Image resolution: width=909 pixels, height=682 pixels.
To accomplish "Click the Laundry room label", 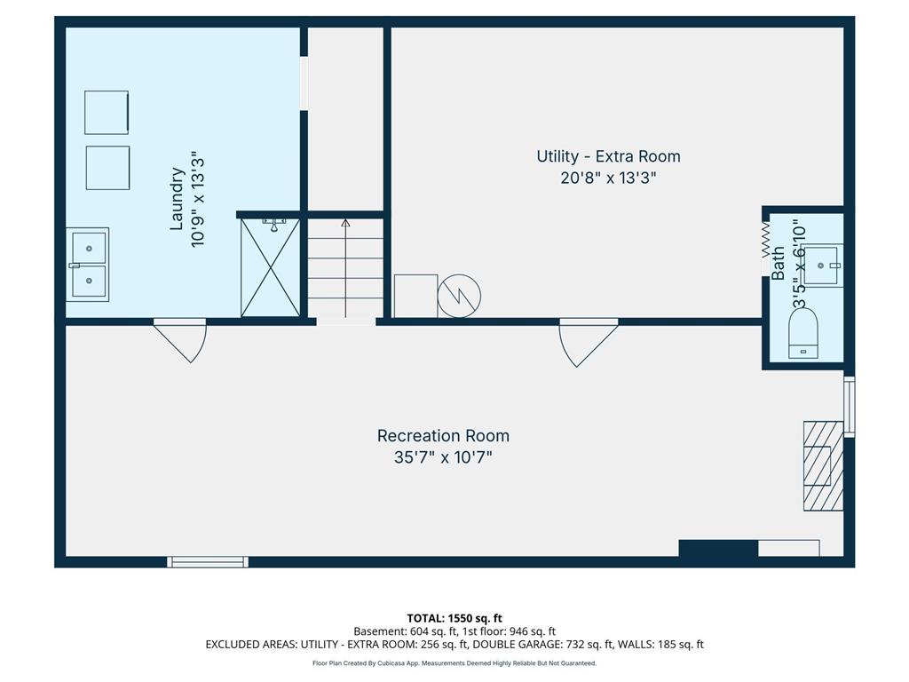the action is (177, 199).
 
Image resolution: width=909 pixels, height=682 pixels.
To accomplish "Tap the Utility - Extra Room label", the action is (608, 156).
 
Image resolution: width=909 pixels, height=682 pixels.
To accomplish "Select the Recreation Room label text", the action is (443, 435).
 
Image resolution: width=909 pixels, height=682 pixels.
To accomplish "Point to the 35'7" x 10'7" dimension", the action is (443, 457).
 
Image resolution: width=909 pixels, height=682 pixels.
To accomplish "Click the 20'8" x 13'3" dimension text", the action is (608, 178).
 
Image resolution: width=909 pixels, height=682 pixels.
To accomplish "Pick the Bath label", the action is (778, 263).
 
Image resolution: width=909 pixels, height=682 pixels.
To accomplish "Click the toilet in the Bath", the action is (803, 332).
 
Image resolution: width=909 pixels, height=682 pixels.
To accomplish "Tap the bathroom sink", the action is (823, 265).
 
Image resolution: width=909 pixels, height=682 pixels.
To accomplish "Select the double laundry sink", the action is (88, 265).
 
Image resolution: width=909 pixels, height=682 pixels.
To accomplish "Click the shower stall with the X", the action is (270, 267).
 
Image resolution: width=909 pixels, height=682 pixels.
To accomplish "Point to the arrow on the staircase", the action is (345, 268).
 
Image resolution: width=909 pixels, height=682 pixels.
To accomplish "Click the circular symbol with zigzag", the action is (459, 296).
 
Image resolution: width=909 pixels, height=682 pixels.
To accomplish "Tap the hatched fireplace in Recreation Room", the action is (823, 465).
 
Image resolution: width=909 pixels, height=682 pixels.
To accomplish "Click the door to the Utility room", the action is (588, 343).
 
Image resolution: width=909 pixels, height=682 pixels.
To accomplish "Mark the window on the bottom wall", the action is (208, 561).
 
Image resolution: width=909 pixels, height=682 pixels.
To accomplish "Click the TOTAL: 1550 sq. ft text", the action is (454, 618).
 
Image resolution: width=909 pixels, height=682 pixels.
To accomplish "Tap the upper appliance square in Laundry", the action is (107, 113).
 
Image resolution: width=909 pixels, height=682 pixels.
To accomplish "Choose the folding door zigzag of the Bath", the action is (766, 240).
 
